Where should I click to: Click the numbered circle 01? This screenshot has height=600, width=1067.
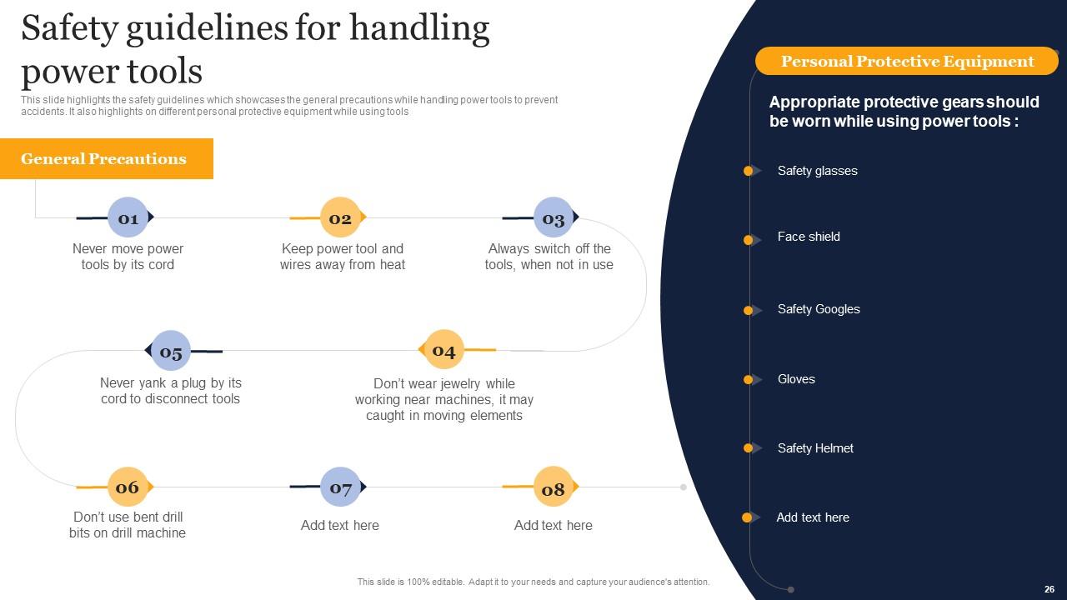coord(128,218)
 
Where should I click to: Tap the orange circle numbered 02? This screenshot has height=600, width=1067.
coord(340,218)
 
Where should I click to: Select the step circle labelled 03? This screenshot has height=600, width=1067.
coord(554,218)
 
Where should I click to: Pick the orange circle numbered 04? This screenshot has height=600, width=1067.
coord(443,351)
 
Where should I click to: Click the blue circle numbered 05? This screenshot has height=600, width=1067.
coord(171,352)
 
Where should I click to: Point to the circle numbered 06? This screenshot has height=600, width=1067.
coord(128,487)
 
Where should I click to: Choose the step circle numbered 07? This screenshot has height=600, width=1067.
coord(340,487)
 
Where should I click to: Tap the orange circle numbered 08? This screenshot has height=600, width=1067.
coord(554,488)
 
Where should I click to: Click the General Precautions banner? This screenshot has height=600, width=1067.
coord(106,158)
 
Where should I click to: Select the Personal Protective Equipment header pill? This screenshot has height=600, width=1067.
coord(907,61)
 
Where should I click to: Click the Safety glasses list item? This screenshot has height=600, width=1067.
coord(817,171)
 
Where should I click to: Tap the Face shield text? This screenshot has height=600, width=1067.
coord(809,237)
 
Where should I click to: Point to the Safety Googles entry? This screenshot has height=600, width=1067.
coord(819,309)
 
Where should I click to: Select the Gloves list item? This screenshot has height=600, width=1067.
coord(796,379)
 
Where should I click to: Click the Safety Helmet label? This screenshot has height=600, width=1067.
coord(815,448)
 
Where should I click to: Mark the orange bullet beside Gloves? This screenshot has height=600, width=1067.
coord(749,380)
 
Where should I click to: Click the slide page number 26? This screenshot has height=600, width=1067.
coord(1049,589)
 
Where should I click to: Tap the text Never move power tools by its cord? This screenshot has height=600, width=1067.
coord(128,257)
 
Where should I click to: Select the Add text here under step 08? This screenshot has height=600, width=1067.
coord(554,525)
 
